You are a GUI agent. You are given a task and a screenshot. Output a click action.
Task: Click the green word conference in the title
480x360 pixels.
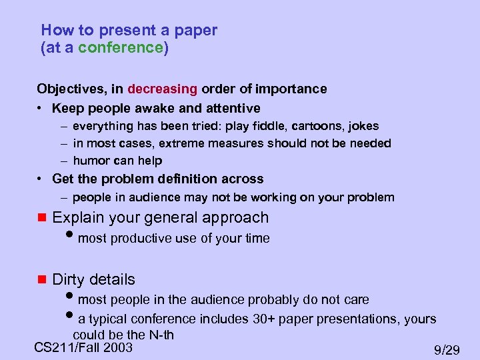121,48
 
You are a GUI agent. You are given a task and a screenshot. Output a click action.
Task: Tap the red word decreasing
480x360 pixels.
163,89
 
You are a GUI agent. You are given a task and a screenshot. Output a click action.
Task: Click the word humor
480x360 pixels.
89,161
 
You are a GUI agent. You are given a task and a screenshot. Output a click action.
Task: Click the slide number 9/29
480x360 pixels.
447,350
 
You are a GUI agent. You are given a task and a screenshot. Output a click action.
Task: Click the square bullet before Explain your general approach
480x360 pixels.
41,218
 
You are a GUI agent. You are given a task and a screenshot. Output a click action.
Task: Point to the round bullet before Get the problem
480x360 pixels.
41,179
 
